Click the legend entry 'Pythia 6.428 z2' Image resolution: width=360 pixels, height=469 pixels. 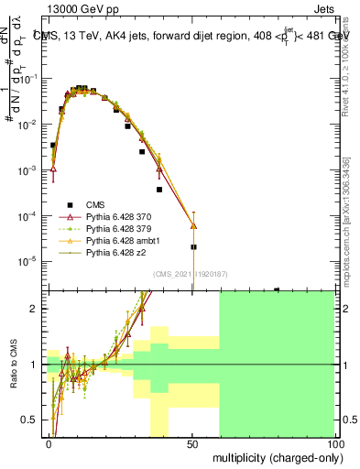coord(115,252)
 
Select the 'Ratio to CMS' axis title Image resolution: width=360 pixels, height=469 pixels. coord(14,365)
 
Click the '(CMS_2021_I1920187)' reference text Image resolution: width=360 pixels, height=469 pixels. coord(191,273)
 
